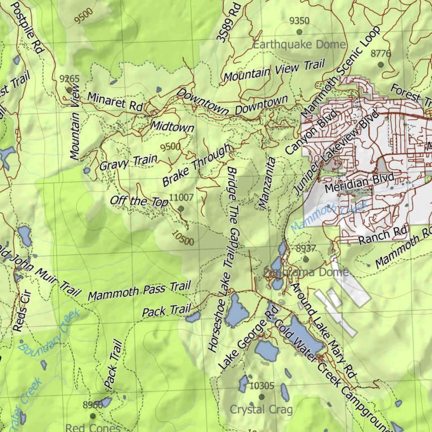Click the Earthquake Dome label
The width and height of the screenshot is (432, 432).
(x=300, y=44)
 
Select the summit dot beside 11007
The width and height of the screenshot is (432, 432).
(x=181, y=208)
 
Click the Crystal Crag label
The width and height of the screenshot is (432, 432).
(x=261, y=409)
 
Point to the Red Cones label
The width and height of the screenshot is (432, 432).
(x=93, y=428)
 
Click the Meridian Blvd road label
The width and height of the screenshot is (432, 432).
(x=359, y=181)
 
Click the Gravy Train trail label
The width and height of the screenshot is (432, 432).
(x=128, y=162)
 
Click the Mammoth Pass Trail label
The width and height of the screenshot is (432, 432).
(x=139, y=291)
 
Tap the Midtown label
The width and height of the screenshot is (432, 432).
(x=172, y=126)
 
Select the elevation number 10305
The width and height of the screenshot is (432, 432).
(x=262, y=386)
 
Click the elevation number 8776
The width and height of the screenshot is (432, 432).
(x=381, y=54)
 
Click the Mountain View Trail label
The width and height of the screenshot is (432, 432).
(x=274, y=70)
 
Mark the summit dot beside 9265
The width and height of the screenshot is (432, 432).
(x=69, y=90)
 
